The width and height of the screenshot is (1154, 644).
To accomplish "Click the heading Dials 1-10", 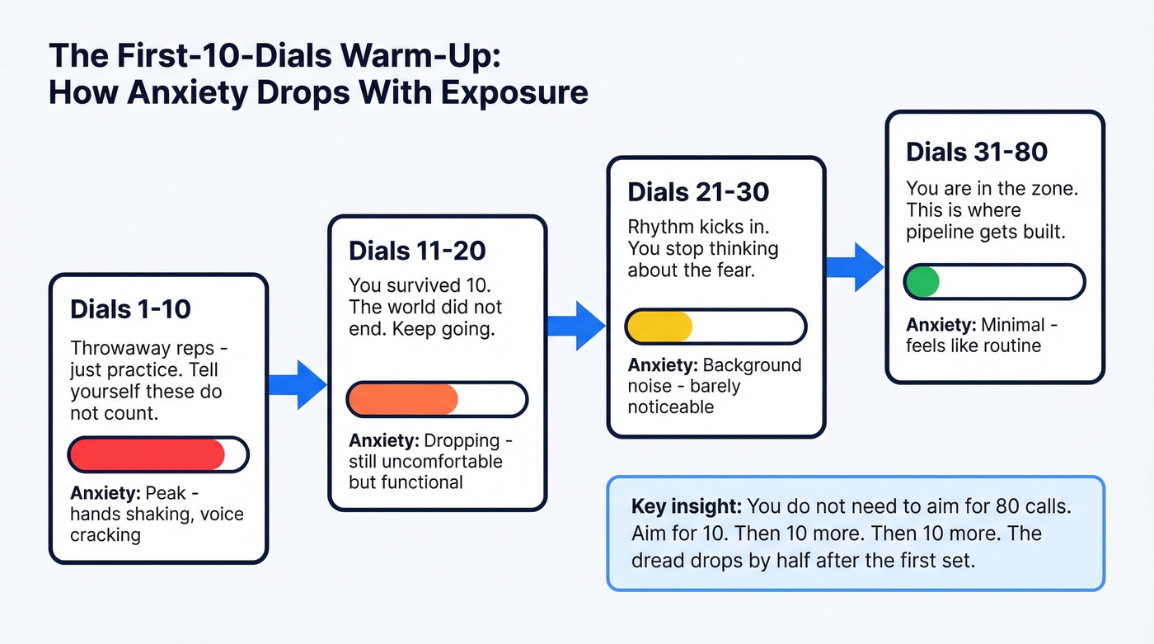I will [130, 309].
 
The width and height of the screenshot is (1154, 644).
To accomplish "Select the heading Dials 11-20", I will [417, 251].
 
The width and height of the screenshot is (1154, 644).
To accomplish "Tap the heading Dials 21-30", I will [698, 192].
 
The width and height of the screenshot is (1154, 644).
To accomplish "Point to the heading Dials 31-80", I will [977, 152].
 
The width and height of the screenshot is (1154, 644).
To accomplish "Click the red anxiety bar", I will [147, 454].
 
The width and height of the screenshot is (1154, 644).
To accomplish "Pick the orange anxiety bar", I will [403, 399].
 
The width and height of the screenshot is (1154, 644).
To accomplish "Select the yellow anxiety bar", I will [659, 327].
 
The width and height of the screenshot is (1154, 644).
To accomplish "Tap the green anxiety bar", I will [922, 282].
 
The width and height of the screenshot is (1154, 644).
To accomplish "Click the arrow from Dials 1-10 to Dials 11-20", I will [298, 384].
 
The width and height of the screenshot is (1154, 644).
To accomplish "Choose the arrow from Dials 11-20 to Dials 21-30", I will [576, 324].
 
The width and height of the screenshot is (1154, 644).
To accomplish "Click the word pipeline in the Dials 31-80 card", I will [938, 232].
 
